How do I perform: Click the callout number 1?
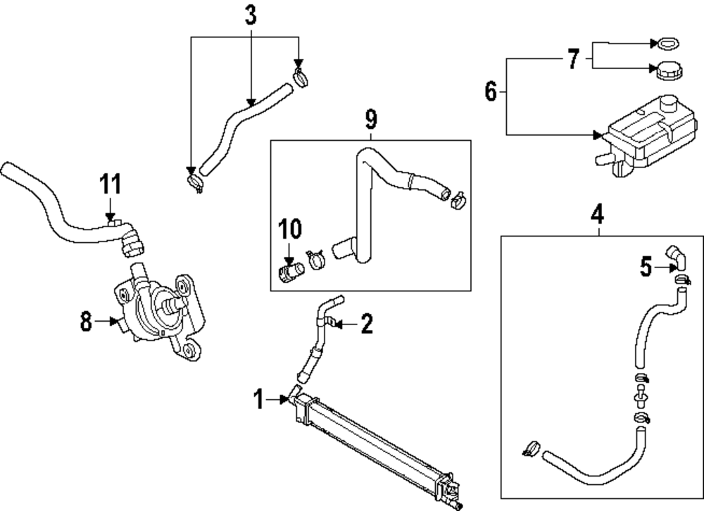259,400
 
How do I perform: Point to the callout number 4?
597,213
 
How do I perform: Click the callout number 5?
646,267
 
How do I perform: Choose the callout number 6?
491,92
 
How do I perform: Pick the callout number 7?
573,59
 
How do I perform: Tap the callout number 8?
86,322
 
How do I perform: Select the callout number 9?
371,119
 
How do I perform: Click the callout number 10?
289,229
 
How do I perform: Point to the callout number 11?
110,184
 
